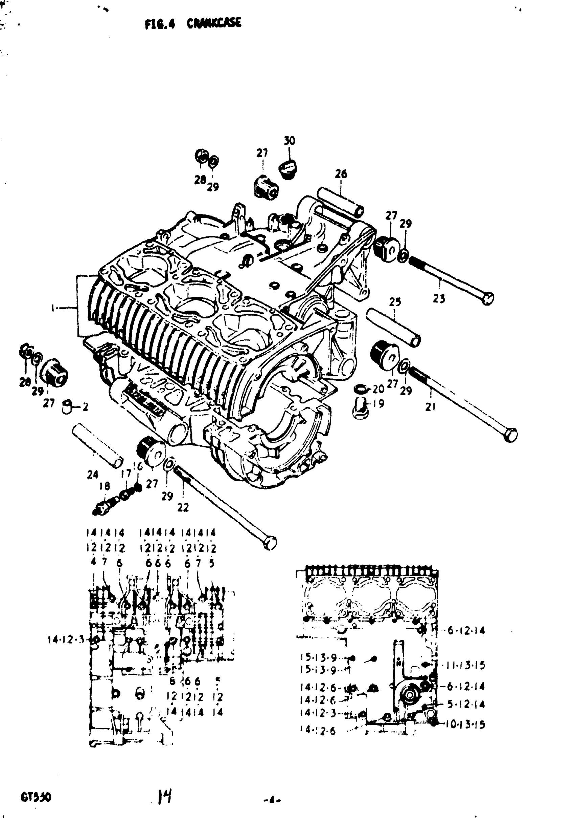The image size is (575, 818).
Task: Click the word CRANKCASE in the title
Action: coord(214,23)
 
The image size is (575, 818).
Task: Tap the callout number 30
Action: coord(289,140)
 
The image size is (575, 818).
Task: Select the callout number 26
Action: coord(341,174)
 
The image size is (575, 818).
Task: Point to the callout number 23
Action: coord(439,298)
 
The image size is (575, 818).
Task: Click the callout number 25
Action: coord(395,302)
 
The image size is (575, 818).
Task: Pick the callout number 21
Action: coord(431,406)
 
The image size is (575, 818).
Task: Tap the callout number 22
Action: coord(183,507)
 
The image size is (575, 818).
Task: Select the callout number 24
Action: coord(93,475)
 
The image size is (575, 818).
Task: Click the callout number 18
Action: coord(104,486)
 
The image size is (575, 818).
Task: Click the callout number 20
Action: coord(378,389)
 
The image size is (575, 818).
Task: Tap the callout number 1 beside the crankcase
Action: coord(53,308)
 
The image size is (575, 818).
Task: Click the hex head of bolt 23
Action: coord(488,298)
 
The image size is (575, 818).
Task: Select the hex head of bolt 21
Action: coord(511,435)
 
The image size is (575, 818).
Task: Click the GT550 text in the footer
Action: coord(36,797)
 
